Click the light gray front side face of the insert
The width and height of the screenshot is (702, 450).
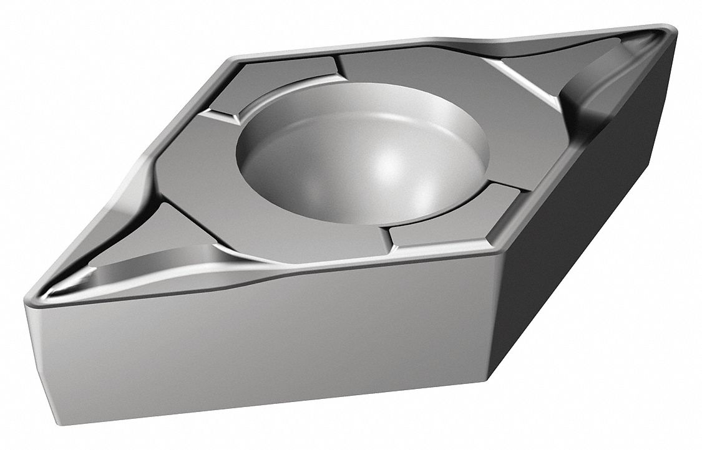pos(250,349)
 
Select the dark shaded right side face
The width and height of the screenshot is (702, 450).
pos(580,249)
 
